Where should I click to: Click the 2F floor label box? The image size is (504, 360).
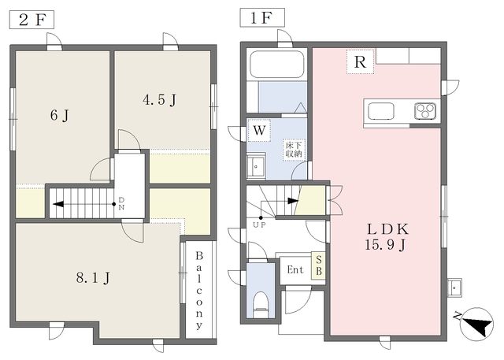(x=31, y=20)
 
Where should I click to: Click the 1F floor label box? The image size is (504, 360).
(x=262, y=17)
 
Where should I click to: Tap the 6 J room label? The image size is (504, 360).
(x=60, y=115)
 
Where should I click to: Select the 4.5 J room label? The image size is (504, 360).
(x=159, y=100)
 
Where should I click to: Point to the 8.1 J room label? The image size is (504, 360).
(x=93, y=277)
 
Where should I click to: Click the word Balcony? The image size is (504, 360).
(x=199, y=290)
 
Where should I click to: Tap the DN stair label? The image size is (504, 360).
(x=121, y=203)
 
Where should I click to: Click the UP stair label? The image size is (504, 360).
(x=259, y=225)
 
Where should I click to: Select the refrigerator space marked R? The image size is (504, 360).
(x=360, y=61)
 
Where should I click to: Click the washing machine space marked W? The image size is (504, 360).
(x=259, y=131)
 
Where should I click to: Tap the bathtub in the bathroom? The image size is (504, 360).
(x=277, y=64)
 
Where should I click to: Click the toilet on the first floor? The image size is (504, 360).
(x=261, y=305)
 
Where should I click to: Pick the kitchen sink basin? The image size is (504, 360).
(x=381, y=111)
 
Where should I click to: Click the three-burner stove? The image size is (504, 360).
(x=425, y=111)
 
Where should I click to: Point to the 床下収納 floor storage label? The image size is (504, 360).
(x=294, y=150)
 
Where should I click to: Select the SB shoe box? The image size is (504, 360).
(x=319, y=265)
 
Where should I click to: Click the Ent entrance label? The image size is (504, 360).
(x=295, y=269)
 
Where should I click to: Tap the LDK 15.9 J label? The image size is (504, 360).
(x=387, y=237)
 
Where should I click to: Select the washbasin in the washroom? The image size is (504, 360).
(x=256, y=166)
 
